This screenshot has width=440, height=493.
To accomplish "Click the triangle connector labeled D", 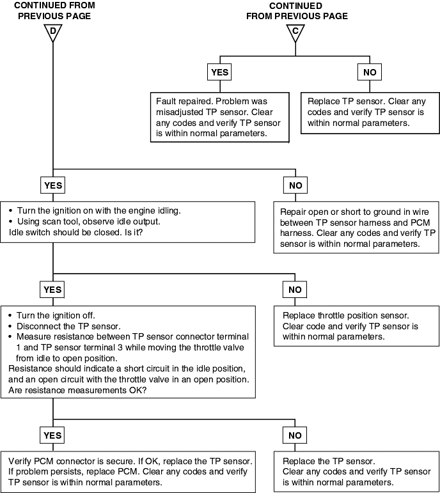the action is [53, 33].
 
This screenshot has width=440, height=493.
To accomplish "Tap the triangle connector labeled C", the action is [295, 33].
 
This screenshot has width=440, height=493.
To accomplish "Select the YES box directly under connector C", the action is [219, 72].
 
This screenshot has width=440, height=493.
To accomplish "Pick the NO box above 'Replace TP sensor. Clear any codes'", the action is [370, 72].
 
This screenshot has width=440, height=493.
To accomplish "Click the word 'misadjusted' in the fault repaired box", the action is [180, 113].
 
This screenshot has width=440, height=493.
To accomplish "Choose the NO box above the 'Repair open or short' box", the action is [295, 185].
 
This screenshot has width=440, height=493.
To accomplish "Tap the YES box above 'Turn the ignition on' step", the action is [53, 185].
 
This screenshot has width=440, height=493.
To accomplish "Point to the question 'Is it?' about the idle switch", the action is [134, 232].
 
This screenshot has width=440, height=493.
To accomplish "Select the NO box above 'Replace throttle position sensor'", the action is [295, 290].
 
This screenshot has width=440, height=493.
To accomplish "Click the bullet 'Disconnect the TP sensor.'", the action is [65, 326].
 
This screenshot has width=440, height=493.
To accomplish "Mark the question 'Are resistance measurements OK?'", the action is [77, 390].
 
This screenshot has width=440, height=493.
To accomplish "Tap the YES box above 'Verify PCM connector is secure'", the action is [52, 435].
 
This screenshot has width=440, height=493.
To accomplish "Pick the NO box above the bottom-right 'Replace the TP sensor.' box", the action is [295, 435].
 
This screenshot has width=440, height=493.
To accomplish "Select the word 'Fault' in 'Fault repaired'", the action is [166, 101].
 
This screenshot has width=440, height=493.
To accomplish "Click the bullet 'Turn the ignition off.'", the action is [52, 315].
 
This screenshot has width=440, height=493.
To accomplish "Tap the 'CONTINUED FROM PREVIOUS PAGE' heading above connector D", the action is [54, 11].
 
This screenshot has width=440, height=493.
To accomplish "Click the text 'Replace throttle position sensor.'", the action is [345, 315].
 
